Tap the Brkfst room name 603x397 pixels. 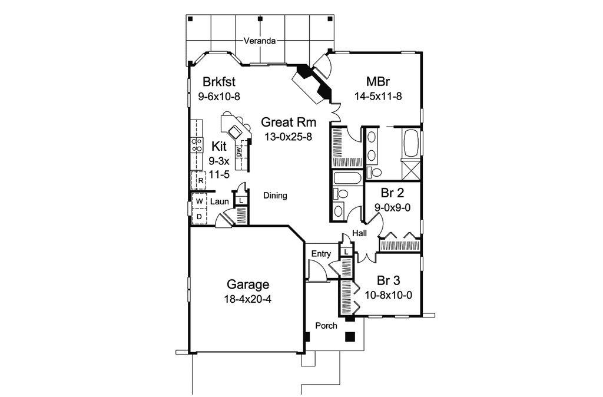tap(219, 82)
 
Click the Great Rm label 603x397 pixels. tap(289, 123)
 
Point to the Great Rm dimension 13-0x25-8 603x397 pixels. tap(289, 136)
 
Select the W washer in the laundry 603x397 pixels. tap(200, 201)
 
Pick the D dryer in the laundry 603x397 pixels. tap(200, 217)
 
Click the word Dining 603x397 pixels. tap(275, 196)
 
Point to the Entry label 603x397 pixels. tap(322, 254)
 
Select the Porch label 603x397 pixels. tap(326, 325)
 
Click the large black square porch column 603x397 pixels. tap(350, 337)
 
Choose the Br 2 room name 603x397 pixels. tap(392, 193)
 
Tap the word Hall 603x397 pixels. tap(360, 234)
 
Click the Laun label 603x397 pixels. tap(220, 201)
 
